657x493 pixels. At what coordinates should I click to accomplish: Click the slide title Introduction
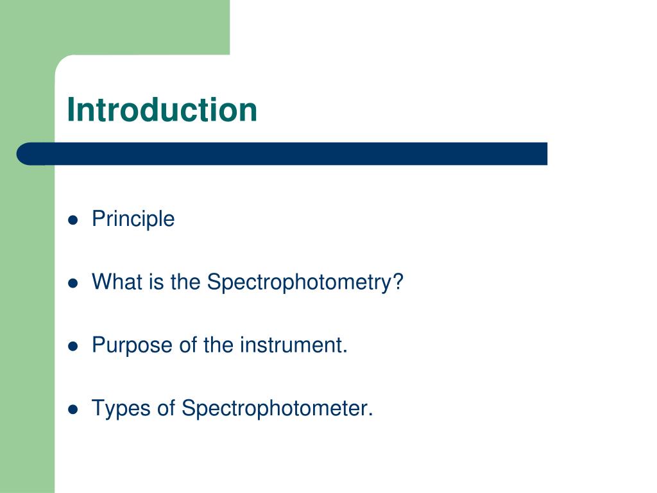coord(162,110)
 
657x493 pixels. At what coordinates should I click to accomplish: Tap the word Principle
coord(133,220)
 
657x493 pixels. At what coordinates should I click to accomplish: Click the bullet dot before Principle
coord(73,220)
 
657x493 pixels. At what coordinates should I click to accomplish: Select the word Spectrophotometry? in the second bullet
coord(305,282)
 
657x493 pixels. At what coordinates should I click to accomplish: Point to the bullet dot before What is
coord(73,283)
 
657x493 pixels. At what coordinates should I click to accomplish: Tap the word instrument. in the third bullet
coord(294,345)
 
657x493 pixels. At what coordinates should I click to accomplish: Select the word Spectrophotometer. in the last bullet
coord(277,408)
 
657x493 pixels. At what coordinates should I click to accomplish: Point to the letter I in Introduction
coord(71,110)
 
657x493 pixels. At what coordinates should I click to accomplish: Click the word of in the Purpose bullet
coord(188,345)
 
